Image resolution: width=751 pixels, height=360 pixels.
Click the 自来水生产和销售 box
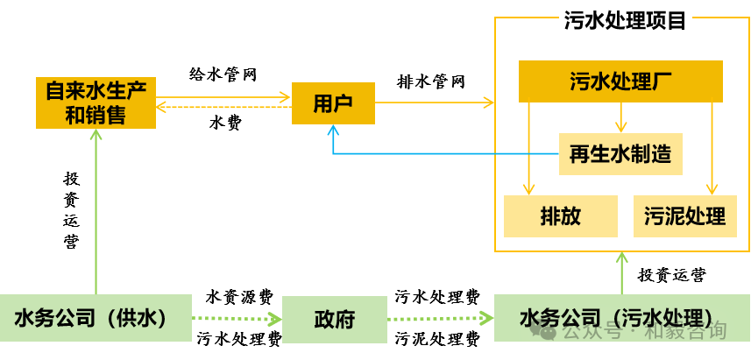click(x=96, y=102)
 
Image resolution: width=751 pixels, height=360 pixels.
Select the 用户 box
click(x=333, y=102)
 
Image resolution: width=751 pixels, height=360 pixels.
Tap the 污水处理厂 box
click(x=620, y=81)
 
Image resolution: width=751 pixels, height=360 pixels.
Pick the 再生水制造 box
click(x=620, y=154)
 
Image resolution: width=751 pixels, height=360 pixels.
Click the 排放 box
click(x=561, y=215)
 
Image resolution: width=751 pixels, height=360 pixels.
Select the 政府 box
click(x=334, y=319)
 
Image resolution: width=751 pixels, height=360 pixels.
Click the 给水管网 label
click(x=223, y=74)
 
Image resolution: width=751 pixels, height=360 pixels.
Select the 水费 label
click(x=225, y=124)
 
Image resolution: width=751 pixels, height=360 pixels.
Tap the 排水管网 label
click(x=431, y=81)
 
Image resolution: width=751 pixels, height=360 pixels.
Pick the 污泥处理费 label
click(x=437, y=338)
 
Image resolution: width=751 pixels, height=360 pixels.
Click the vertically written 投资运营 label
click(x=71, y=209)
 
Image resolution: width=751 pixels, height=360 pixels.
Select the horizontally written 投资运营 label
click(x=672, y=275)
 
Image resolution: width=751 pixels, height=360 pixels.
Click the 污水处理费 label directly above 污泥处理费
click(x=437, y=296)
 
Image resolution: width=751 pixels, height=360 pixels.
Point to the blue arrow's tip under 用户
click(x=333, y=129)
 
